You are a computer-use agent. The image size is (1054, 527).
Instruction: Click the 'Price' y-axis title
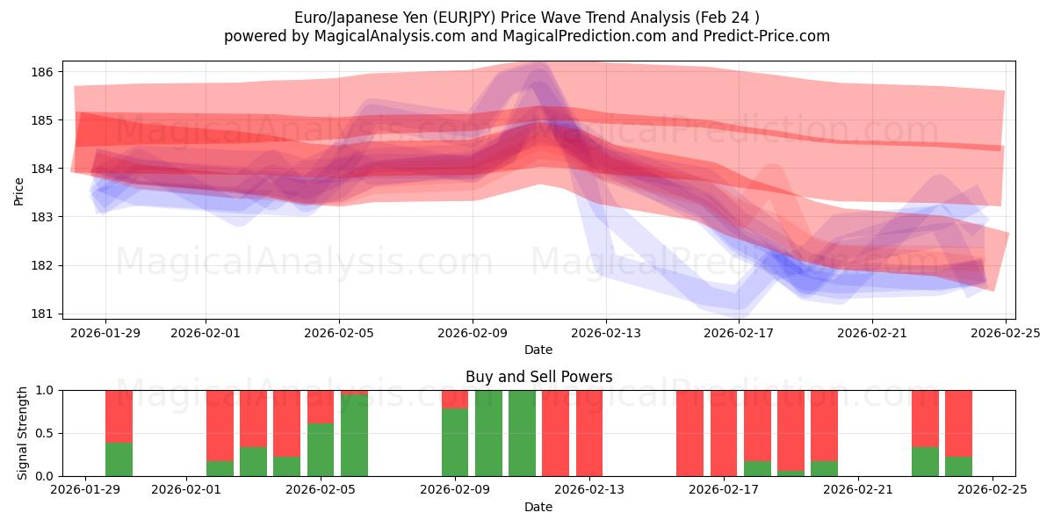pos(18,190)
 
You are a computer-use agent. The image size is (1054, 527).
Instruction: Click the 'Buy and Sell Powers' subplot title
pos(538,377)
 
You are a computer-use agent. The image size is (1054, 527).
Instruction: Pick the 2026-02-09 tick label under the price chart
pos(473,333)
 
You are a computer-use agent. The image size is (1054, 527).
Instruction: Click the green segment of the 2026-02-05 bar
pos(321,450)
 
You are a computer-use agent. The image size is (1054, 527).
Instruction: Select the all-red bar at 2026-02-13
pos(589,433)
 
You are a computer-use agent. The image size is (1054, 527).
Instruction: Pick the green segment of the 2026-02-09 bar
pos(455,442)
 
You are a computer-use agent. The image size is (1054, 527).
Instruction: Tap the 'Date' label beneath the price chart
pos(538,350)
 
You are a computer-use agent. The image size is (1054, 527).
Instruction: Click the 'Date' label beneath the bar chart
pos(538,507)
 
